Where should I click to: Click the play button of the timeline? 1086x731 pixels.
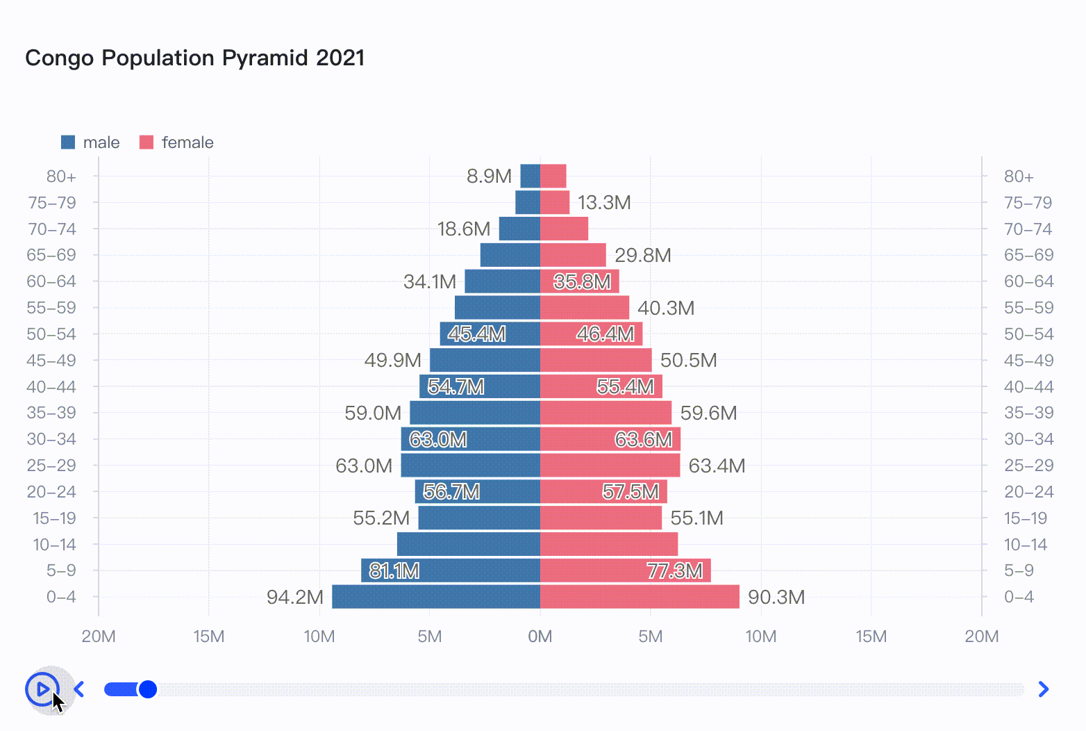[42, 689]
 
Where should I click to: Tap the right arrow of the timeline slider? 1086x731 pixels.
[1043, 689]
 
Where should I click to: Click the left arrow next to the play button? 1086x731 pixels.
[79, 689]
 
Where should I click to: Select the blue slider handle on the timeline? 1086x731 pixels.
[147, 689]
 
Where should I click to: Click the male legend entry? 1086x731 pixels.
[90, 142]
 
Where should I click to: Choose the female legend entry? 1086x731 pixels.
[176, 142]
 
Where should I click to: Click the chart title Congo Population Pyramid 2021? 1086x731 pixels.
[195, 58]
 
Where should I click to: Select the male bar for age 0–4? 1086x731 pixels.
[435, 597]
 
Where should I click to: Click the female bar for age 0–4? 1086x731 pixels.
[640, 597]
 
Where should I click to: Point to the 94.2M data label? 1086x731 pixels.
[295, 597]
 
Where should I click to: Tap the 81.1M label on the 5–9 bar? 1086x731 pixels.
[394, 571]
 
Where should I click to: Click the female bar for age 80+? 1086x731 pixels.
[553, 176]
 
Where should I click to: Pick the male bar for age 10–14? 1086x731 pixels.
[468, 545]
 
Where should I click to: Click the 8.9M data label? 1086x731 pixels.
[489, 176]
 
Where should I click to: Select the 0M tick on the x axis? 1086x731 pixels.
[540, 636]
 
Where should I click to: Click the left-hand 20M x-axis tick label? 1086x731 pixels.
[99, 636]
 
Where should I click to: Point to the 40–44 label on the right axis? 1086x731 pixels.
[1028, 387]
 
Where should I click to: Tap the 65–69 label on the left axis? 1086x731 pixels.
[51, 255]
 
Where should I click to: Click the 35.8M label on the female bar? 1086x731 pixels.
[582, 281]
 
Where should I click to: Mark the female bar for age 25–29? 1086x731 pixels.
[610, 466]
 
